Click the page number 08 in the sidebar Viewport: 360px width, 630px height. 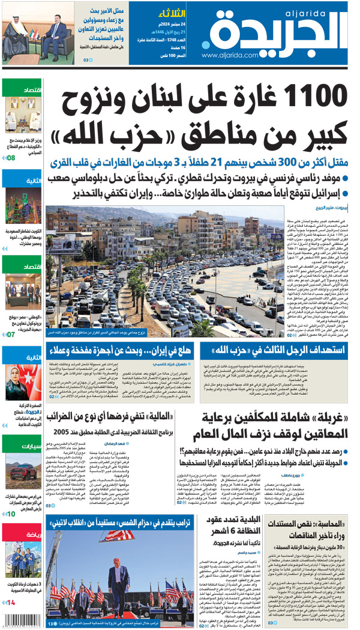point(11,158)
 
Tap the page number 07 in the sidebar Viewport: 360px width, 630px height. point(11,334)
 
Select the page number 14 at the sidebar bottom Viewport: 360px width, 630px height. point(11,602)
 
